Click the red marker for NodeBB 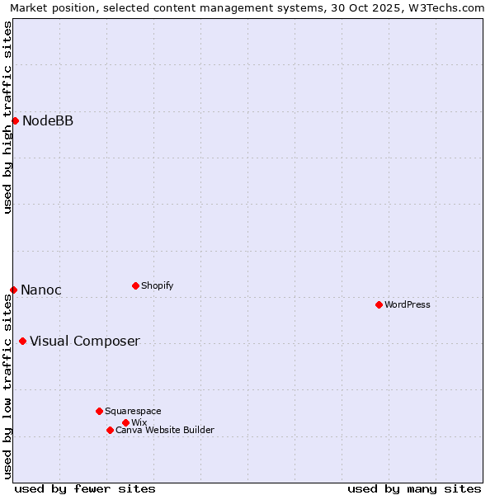pos(15,121)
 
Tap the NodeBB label pos(48,121)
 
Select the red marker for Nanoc pos(13,290)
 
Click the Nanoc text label pos(41,290)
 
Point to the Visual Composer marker pos(22,342)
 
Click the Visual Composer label pos(85,342)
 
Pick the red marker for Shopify pos(135,285)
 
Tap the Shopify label pos(157,285)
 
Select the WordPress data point pos(379,304)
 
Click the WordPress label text pos(408,304)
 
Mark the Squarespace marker pos(99,411)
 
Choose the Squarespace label pos(133,411)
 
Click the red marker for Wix pos(125,422)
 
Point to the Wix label pos(139,422)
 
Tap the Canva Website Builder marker pos(110,430)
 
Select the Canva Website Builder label pos(165,430)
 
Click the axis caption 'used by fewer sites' pos(85,488)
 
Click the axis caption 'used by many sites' pos(414,488)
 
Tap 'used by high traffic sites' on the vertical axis pos(8,117)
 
